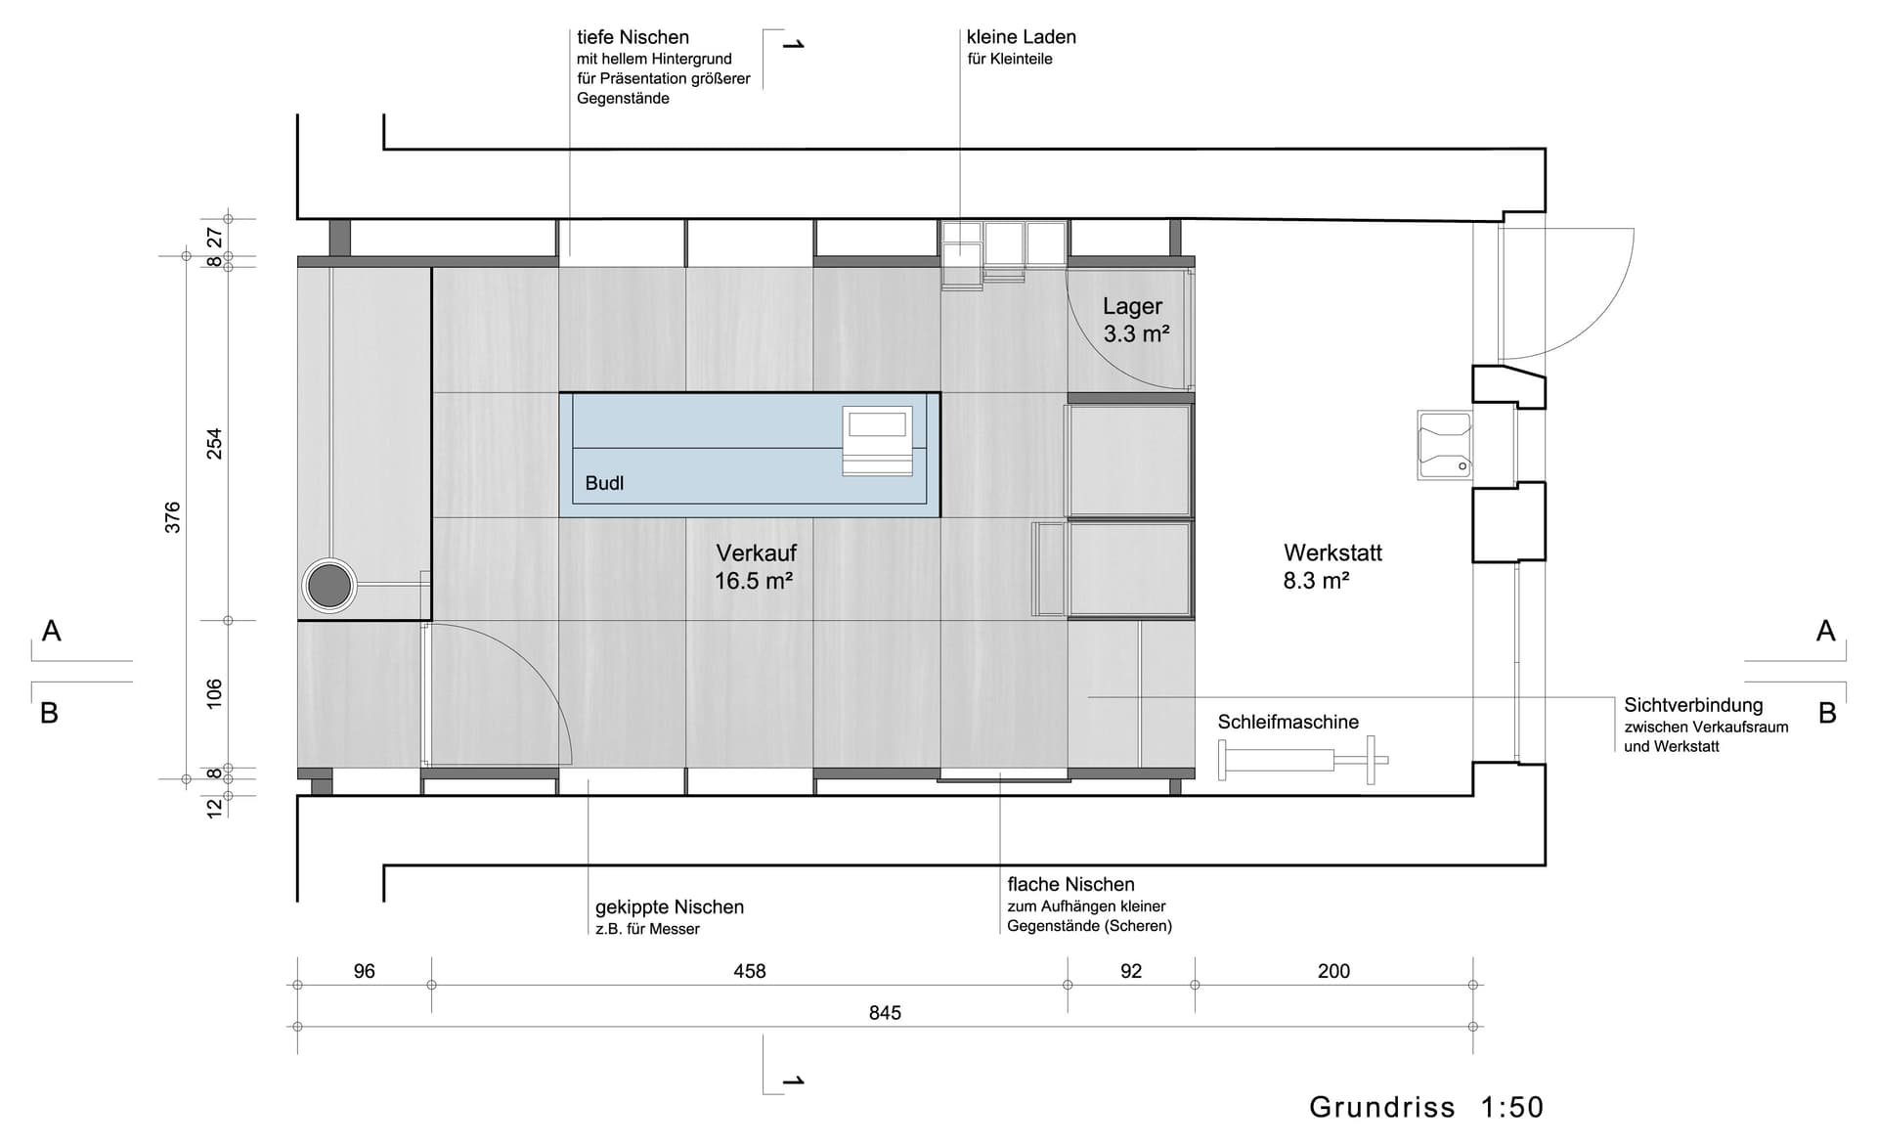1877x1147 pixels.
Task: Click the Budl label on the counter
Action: (x=604, y=483)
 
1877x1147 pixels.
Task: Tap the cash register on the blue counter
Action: (x=878, y=441)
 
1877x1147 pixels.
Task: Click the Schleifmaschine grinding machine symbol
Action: (x=1303, y=760)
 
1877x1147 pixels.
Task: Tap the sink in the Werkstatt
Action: (x=1445, y=445)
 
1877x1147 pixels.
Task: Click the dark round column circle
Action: (x=329, y=586)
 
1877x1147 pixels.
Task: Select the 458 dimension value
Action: (x=750, y=971)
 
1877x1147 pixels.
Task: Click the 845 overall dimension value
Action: (x=885, y=1013)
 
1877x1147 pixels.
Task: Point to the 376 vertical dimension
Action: (x=173, y=517)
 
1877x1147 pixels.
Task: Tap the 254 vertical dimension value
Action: (x=214, y=444)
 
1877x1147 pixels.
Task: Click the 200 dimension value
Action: (x=1333, y=971)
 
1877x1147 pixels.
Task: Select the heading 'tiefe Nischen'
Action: (x=633, y=37)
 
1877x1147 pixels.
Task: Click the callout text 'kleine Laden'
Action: (x=1022, y=37)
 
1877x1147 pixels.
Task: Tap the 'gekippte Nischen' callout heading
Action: (x=670, y=907)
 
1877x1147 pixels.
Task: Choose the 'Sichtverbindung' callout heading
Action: (x=1693, y=705)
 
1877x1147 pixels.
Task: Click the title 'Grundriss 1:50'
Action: (x=1426, y=1107)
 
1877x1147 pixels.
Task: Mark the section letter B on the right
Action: (x=1827, y=713)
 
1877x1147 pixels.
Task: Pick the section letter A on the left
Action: (x=52, y=631)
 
